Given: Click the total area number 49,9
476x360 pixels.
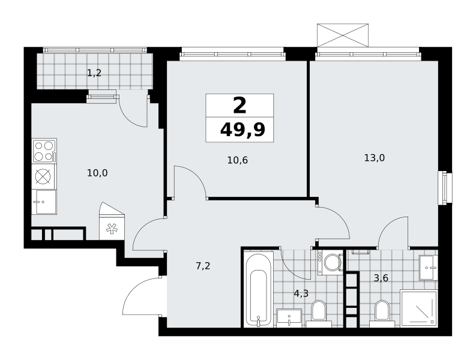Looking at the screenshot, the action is pyautogui.click(x=243, y=130).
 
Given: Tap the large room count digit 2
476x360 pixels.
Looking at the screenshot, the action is pyautogui.click(x=240, y=106).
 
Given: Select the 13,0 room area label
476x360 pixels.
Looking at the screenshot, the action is pyautogui.click(x=375, y=158).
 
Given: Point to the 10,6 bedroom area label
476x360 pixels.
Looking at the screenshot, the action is pyautogui.click(x=237, y=160).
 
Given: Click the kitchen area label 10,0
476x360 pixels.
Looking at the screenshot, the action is pyautogui.click(x=97, y=173).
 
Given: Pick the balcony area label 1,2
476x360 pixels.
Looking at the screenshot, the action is pyautogui.click(x=94, y=73).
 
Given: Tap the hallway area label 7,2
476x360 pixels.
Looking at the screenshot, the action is pyautogui.click(x=203, y=266).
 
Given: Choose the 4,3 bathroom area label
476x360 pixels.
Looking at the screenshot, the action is pyautogui.click(x=301, y=293).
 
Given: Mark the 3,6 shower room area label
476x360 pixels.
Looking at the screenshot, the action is pyautogui.click(x=381, y=278).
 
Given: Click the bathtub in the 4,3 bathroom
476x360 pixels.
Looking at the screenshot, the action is pyautogui.click(x=258, y=289).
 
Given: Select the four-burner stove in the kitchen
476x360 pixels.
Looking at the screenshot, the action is pyautogui.click(x=44, y=151).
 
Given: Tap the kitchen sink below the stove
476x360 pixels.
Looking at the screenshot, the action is pyautogui.click(x=44, y=202).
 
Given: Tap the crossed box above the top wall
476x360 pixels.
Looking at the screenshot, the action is pyautogui.click(x=343, y=35).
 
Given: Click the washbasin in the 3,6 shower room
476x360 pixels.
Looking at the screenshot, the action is pyautogui.click(x=429, y=268).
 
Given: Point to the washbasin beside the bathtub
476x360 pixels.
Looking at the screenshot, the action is pyautogui.click(x=289, y=318).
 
